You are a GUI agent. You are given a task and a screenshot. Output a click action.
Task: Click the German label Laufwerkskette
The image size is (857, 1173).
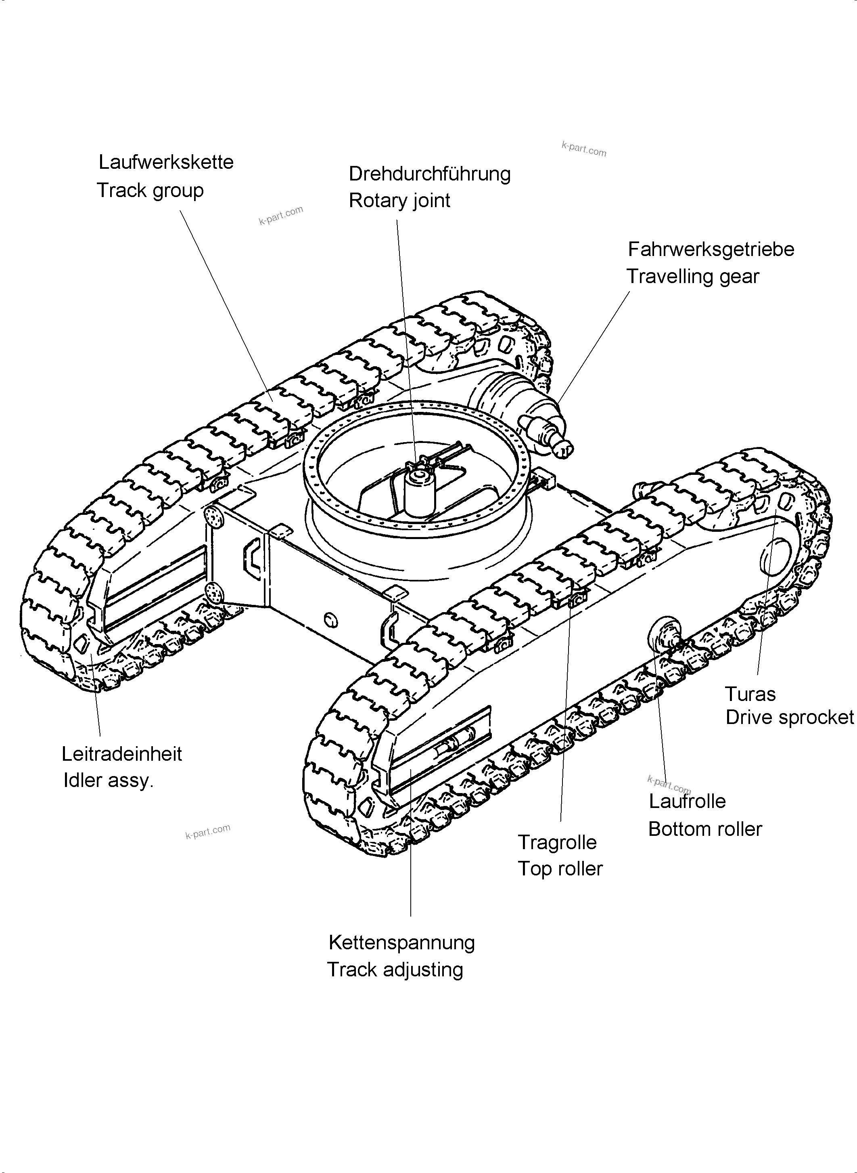(166, 162)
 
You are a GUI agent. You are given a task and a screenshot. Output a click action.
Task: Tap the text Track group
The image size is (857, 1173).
(150, 191)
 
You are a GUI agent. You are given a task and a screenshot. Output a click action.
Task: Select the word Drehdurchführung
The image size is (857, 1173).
(430, 174)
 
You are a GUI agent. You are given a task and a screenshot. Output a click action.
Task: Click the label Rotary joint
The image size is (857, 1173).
(399, 200)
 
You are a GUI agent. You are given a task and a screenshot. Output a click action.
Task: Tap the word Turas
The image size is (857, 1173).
(750, 695)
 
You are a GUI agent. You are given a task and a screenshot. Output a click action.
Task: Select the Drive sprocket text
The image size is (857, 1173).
(789, 718)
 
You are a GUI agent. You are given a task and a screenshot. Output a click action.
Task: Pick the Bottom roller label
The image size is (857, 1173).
(705, 829)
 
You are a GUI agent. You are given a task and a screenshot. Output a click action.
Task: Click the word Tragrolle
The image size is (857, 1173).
(557, 842)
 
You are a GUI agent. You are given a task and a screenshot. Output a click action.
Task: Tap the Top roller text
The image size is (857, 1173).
(560, 869)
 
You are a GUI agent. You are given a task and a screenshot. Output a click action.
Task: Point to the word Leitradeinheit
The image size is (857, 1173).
(122, 754)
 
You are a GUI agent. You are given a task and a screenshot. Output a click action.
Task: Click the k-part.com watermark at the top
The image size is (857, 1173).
(583, 149)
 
